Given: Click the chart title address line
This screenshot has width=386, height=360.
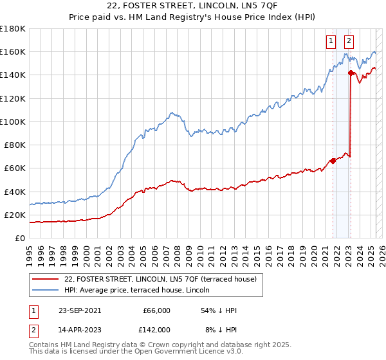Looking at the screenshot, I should click(x=192, y=6).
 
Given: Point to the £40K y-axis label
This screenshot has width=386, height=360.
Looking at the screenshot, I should click(x=14, y=192).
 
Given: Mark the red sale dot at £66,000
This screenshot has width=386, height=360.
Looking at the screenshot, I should click(x=333, y=161).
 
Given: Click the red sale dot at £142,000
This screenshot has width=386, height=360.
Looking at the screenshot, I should click(x=351, y=73).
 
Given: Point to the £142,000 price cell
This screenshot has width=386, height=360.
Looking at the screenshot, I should click(x=156, y=329).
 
